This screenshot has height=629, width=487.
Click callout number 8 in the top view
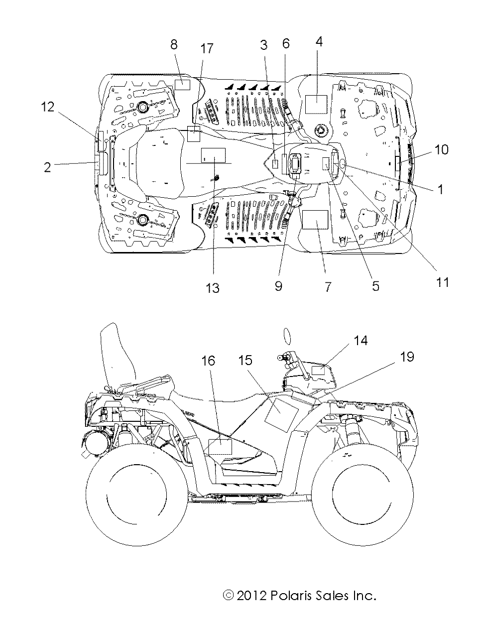(174, 45)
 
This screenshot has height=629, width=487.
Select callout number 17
(207, 48)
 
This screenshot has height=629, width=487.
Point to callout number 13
(213, 288)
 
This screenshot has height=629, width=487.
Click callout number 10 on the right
(441, 149)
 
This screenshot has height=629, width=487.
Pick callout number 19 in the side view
(407, 357)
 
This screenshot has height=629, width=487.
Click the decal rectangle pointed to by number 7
(315, 219)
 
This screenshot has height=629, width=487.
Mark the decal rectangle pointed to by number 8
(182, 84)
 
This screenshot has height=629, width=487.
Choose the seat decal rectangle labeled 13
(213, 155)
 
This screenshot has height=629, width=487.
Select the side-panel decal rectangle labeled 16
(220, 446)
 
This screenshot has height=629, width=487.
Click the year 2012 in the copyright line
(252, 595)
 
